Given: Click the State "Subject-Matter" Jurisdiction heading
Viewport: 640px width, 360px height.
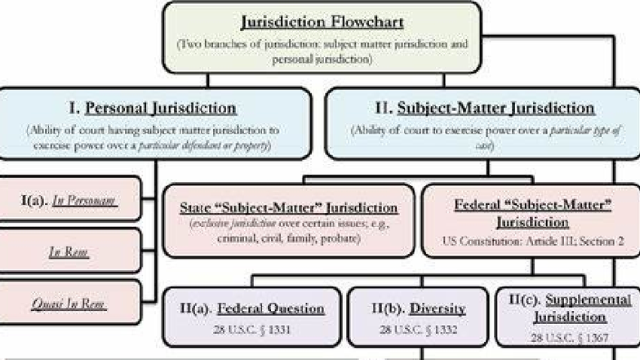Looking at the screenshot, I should pyautogui.click(x=290, y=209).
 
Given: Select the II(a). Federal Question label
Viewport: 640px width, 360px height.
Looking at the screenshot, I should pyautogui.click(x=251, y=309).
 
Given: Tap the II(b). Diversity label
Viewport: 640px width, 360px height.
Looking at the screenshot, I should pyautogui.click(x=419, y=309).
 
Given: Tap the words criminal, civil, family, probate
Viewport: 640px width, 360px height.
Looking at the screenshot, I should pyautogui.click(x=290, y=238).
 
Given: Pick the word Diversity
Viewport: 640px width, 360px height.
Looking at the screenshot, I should pyautogui.click(x=438, y=309).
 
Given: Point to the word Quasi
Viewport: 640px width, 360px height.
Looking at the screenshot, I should pyautogui.click(x=50, y=304).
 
